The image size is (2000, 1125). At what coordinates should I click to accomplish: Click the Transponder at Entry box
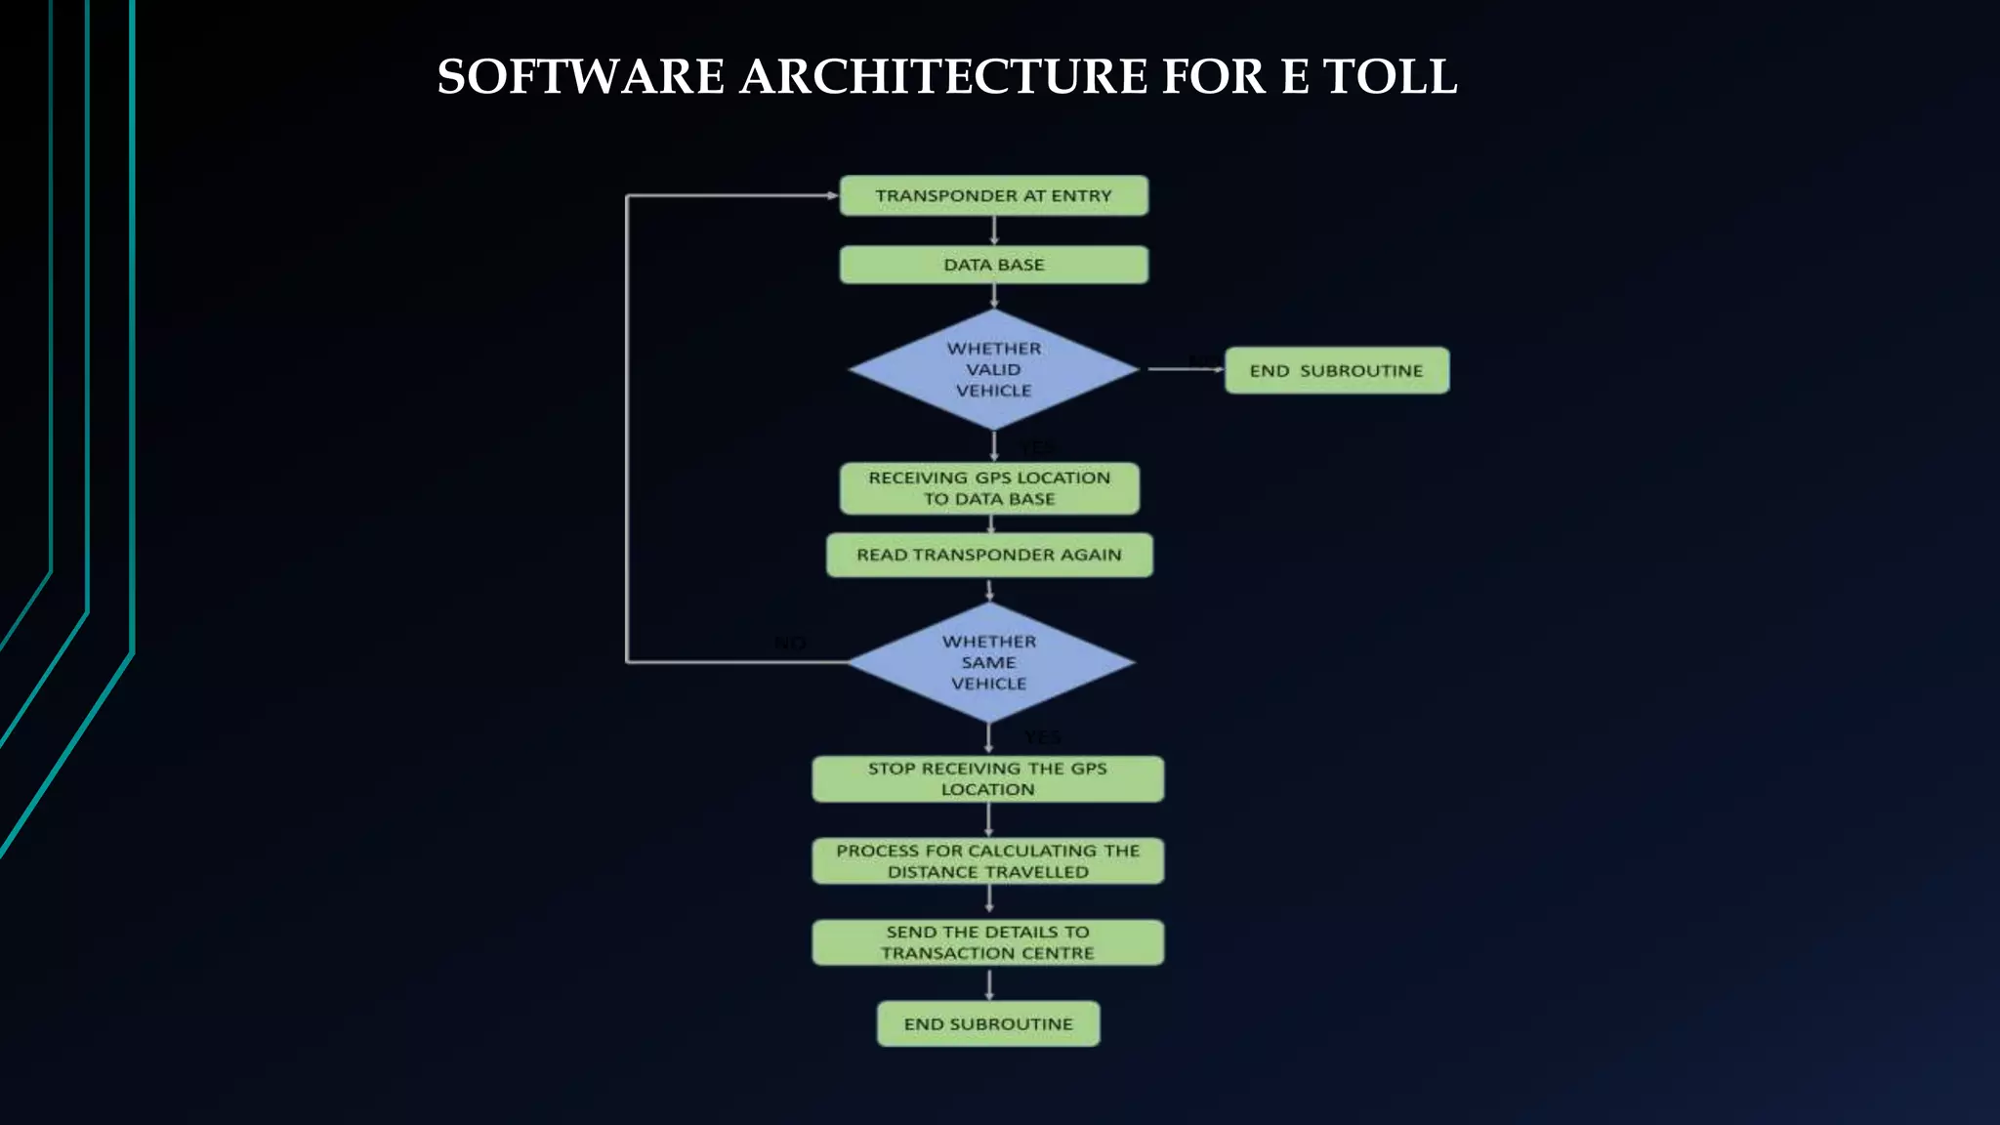pos(993,195)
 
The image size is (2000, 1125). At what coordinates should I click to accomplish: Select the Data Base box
pos(993,265)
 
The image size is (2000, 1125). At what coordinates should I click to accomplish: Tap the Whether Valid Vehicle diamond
pos(993,369)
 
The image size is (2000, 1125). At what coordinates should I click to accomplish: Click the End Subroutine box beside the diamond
pos(1336,370)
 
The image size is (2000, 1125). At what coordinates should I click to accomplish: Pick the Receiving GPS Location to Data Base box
pos(989,488)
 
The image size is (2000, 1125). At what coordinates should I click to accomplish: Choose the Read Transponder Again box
pos(989,555)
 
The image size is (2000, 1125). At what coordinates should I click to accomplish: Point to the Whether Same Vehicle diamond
pos(989,662)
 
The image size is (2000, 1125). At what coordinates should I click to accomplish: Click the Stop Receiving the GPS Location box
pos(987,779)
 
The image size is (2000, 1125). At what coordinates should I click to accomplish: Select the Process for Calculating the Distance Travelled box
pos(987,861)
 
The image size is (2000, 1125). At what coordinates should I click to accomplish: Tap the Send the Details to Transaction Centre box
pos(987,942)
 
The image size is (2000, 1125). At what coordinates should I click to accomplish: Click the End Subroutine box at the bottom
pos(987,1023)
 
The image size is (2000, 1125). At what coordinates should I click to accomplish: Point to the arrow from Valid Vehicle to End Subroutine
pos(1184,369)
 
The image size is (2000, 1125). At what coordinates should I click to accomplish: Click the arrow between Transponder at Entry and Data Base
pos(994,230)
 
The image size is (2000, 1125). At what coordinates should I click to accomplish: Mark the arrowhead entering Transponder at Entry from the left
pos(832,195)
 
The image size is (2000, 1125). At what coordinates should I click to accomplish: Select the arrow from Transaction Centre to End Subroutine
pos(989,983)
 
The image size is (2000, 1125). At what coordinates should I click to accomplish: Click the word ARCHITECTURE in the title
pos(943,76)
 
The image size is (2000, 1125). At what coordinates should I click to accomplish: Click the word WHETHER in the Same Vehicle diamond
pos(989,642)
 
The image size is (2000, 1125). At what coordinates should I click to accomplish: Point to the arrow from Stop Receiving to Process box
pos(988,820)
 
